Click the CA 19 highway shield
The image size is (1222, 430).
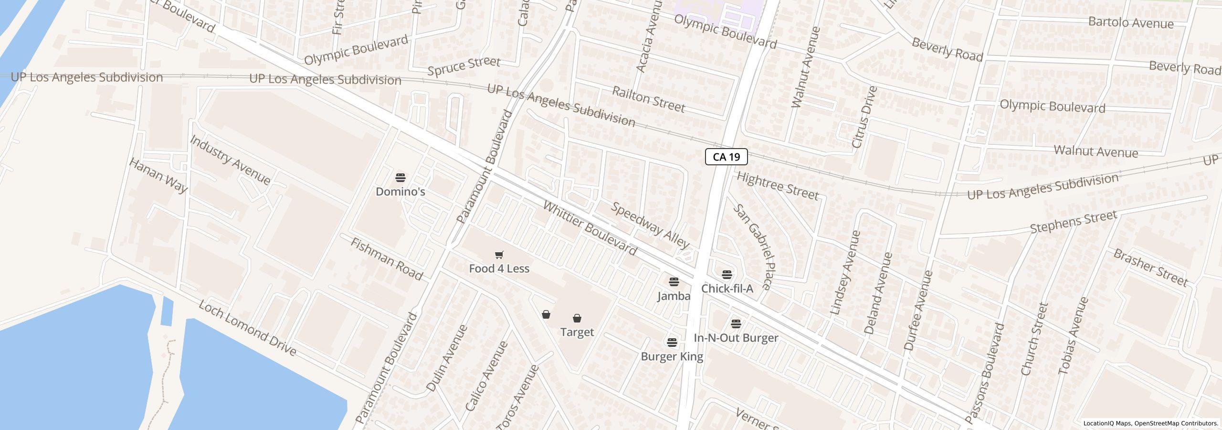point(726,157)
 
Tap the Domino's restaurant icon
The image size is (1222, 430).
point(400,178)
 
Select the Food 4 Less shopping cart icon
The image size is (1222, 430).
point(499,255)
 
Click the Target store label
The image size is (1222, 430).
point(577,332)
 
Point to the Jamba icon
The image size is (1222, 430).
point(674,282)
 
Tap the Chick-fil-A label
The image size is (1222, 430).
point(727,289)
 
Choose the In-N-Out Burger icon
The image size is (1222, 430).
point(736,324)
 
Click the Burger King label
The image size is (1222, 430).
point(672,356)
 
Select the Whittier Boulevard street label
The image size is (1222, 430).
point(590,229)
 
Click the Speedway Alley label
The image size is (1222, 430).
point(650,225)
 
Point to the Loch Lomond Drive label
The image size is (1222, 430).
point(247,328)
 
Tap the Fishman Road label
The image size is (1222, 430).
point(387,259)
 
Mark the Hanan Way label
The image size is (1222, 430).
point(158,175)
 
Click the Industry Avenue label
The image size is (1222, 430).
point(230,160)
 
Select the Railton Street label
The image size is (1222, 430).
point(648,99)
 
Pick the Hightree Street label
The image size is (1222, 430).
point(778,186)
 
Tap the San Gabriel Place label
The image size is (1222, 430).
point(752,247)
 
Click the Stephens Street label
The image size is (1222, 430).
point(1073,222)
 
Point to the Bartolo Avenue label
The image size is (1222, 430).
point(1130,22)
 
